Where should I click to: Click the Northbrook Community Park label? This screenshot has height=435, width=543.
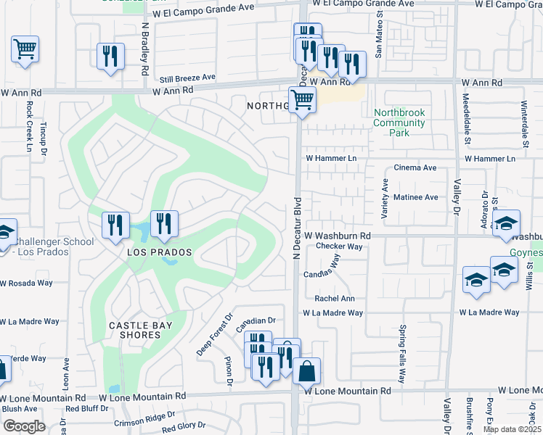click(x=399, y=123)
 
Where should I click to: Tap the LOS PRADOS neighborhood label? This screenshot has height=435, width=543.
click(x=160, y=252)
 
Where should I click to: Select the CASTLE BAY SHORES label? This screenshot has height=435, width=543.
click(x=141, y=330)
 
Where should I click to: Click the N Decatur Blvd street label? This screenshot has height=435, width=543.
click(x=296, y=227)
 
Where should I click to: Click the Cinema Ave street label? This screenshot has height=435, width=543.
click(x=415, y=167)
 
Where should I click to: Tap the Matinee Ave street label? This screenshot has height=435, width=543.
click(x=415, y=197)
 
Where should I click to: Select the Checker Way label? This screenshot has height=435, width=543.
click(x=339, y=246)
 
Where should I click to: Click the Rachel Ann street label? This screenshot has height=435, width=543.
click(x=334, y=299)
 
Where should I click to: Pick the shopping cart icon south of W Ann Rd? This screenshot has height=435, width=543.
click(x=302, y=100)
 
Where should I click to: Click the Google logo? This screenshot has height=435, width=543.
click(x=24, y=426)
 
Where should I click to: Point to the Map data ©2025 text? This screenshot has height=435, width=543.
click(x=512, y=429)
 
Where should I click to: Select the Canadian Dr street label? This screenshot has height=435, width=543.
click(x=257, y=320)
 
